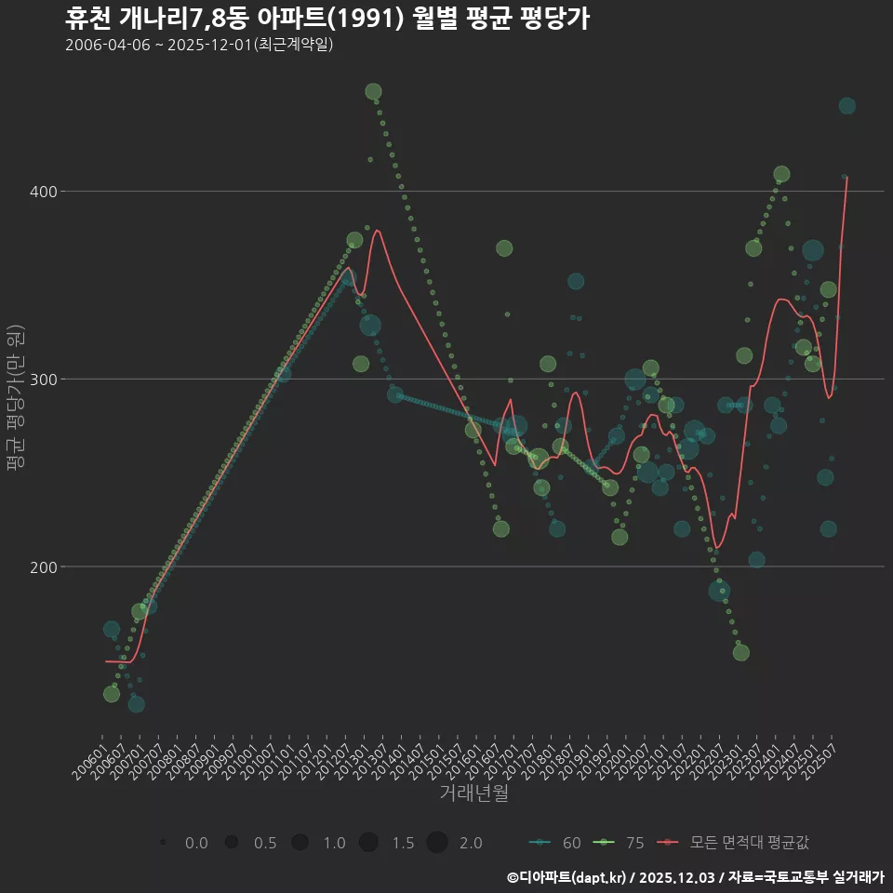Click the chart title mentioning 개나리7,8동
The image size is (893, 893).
point(327,19)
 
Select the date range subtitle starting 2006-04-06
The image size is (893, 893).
point(199,46)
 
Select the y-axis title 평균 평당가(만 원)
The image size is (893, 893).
point(16,400)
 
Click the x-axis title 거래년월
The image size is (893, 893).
point(473,793)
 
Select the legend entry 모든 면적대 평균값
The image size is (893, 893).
point(735,843)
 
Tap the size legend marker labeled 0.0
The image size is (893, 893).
point(163,843)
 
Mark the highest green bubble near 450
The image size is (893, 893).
point(373,91)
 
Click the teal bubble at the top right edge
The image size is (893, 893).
point(846,106)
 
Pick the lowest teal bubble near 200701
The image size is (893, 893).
point(136,704)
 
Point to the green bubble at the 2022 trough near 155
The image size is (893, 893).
point(740,652)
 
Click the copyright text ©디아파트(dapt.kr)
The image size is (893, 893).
point(567,877)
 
